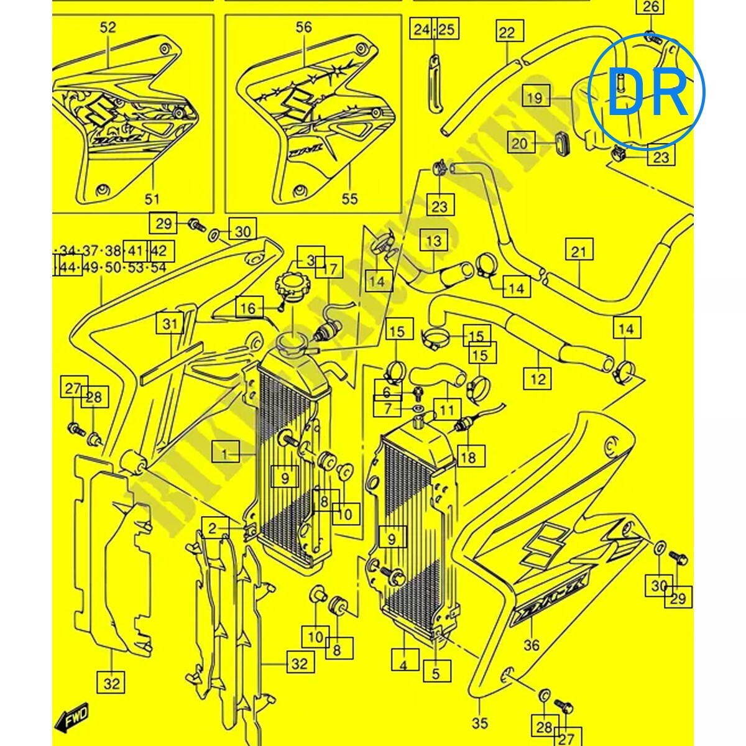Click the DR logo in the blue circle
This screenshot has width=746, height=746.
click(647, 91)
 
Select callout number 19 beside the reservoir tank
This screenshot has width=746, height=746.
click(535, 98)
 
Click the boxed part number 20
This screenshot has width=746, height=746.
click(520, 144)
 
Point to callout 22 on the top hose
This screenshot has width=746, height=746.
click(507, 32)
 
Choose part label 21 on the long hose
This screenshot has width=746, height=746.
click(579, 252)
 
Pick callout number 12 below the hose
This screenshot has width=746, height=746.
click(537, 377)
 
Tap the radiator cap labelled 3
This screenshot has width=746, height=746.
click(309, 257)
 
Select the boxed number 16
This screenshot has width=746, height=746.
click(248, 308)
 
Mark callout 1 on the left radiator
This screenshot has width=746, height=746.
click(224, 454)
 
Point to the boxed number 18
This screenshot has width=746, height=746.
click(469, 458)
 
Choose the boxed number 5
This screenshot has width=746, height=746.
click(436, 673)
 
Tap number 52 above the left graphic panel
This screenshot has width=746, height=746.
click(108, 27)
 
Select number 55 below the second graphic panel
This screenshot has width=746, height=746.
click(350, 199)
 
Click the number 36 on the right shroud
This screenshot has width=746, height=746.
click(532, 645)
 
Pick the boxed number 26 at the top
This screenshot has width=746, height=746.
click(649, 7)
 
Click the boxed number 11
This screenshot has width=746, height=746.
click(447, 410)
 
